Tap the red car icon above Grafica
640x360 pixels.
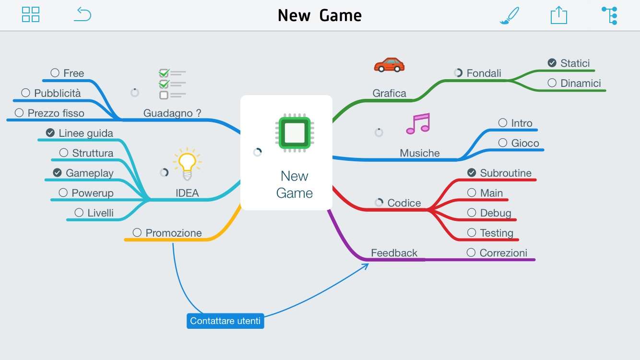click(389, 65)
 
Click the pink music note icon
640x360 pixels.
click(418, 124)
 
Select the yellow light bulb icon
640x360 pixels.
click(187, 164)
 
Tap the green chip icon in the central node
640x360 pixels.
click(293, 132)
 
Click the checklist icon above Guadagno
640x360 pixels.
click(172, 84)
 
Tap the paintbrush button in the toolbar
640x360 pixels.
click(510, 15)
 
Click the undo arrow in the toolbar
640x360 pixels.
click(82, 14)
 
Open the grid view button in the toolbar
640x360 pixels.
click(31, 14)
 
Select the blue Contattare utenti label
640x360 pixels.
click(225, 321)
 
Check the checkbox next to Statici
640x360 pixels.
click(552, 63)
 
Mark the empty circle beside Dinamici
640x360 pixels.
click(552, 83)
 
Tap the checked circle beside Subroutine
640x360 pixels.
click(472, 173)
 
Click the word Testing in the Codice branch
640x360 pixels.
click(497, 233)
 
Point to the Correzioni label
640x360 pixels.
click(503, 253)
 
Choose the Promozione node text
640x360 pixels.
click(174, 233)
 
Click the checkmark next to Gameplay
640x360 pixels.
click(58, 173)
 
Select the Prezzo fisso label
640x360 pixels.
click(56, 113)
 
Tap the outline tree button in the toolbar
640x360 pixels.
click(609, 15)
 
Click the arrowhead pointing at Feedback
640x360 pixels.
click(366, 264)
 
